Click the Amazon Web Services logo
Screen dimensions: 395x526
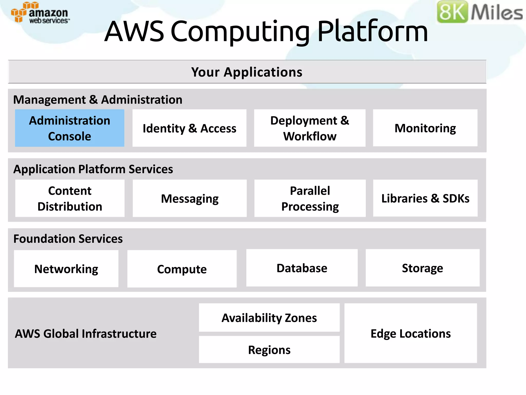pyautogui.click(x=40, y=13)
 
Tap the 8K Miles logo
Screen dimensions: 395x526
pyautogui.click(x=480, y=12)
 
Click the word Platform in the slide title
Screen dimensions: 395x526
pyautogui.click(x=372, y=31)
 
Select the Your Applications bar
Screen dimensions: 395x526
pyautogui.click(x=247, y=72)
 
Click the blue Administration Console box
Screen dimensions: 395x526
pyautogui.click(x=70, y=128)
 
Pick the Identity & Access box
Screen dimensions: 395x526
pyautogui.click(x=189, y=128)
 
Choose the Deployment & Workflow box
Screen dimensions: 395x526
pyautogui.click(x=309, y=128)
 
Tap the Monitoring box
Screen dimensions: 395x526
pyautogui.click(x=425, y=128)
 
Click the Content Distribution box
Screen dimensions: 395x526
pyautogui.click(x=70, y=198)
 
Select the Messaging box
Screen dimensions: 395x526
pyautogui.click(x=190, y=198)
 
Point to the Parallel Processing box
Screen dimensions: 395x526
pyautogui.click(x=310, y=198)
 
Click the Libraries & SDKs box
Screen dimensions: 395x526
pyautogui.click(x=425, y=198)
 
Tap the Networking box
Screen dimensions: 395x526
pyautogui.click(x=66, y=269)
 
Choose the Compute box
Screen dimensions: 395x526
pyautogui.click(x=182, y=269)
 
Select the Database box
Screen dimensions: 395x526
pyautogui.click(x=302, y=268)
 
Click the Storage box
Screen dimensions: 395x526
pyautogui.click(x=422, y=268)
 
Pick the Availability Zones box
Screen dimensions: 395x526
pyautogui.click(x=269, y=318)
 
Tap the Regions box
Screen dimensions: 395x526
pyautogui.click(x=269, y=350)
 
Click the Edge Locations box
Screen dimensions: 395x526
pyautogui.click(x=410, y=333)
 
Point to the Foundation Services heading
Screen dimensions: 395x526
pyautogui.click(x=68, y=239)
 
